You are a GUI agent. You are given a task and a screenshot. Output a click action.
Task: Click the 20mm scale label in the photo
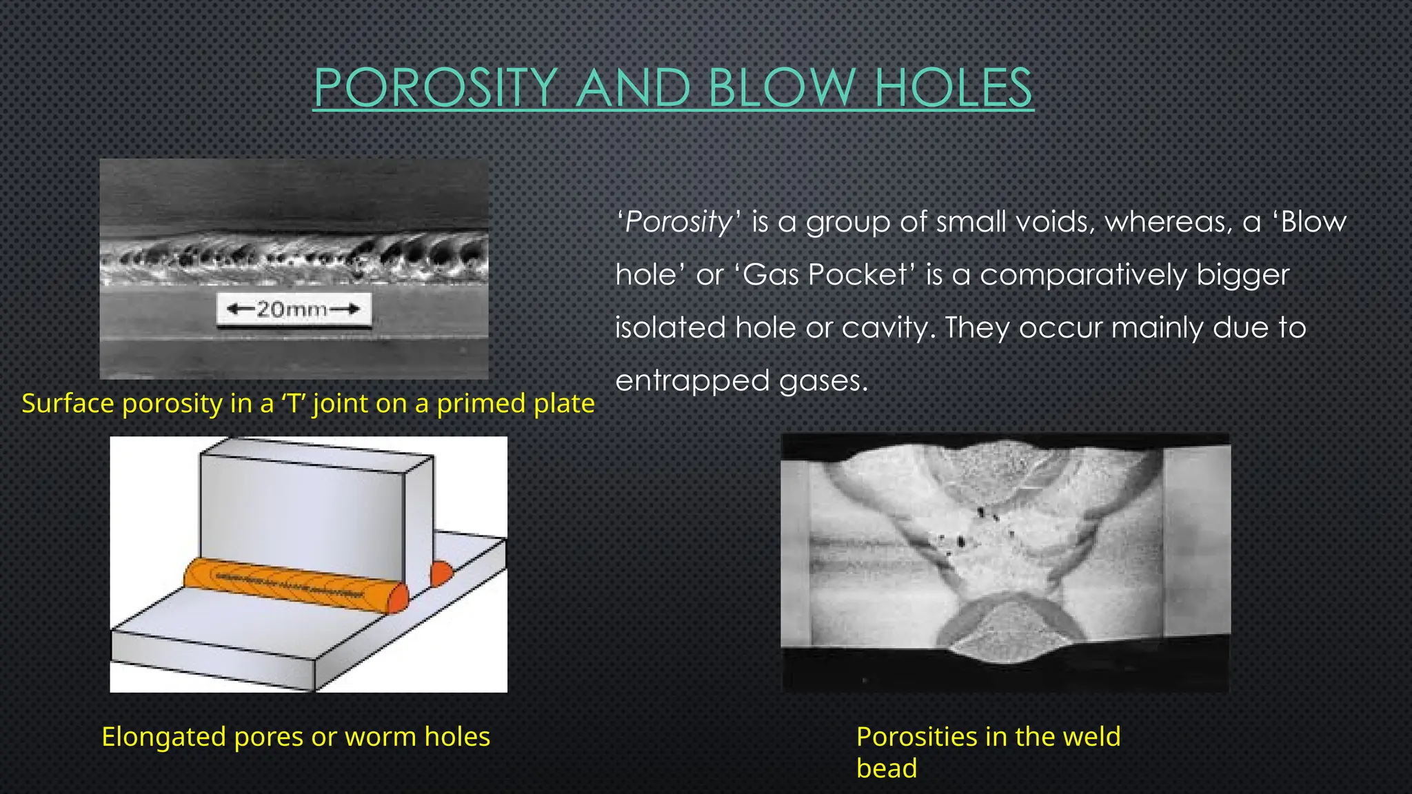294,309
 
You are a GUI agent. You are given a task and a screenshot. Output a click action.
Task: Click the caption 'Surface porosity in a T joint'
307,403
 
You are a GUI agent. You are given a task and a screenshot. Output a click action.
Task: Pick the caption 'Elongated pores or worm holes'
296,737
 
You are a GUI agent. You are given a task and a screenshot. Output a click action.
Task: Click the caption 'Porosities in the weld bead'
987,751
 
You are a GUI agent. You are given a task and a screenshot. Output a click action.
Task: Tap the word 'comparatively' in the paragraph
1082,275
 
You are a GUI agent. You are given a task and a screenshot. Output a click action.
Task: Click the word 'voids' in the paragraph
1062,223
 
